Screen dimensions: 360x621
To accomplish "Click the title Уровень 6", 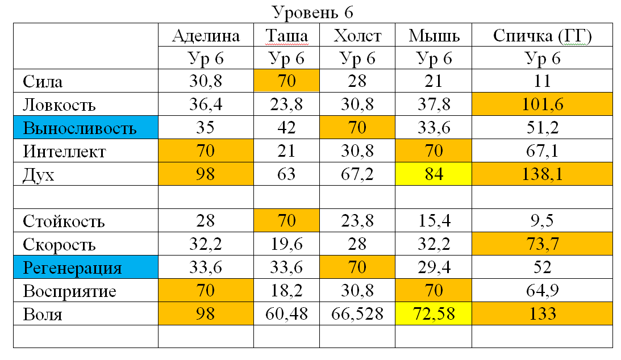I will point(312,11).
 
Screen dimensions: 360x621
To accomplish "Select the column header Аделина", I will point(206,36).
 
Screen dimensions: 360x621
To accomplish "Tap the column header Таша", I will point(286,36).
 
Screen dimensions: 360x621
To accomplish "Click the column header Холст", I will point(357,36).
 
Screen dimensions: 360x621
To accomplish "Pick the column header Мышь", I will point(434,36).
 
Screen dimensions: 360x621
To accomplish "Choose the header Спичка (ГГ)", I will point(542,36).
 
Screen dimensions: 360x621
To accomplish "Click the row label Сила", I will point(43,82).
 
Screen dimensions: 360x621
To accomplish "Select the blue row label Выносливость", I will point(80,128).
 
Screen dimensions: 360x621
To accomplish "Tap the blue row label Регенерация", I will point(72,268).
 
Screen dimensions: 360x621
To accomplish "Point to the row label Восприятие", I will point(70,291).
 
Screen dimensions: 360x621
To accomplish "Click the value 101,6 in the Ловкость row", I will point(542,105).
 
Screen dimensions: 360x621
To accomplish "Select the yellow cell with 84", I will point(434,175).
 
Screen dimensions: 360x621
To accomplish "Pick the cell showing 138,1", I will point(542,175).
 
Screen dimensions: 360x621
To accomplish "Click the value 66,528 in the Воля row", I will point(357,315).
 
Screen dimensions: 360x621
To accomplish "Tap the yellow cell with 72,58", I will point(434,315).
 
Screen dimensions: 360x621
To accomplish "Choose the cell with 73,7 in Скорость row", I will point(542,245).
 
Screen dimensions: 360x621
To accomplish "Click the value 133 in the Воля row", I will point(542,315).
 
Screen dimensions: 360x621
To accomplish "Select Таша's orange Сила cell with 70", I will point(286,82).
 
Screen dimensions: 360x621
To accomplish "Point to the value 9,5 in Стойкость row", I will point(542,221).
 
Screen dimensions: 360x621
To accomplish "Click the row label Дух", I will point(39,175).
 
